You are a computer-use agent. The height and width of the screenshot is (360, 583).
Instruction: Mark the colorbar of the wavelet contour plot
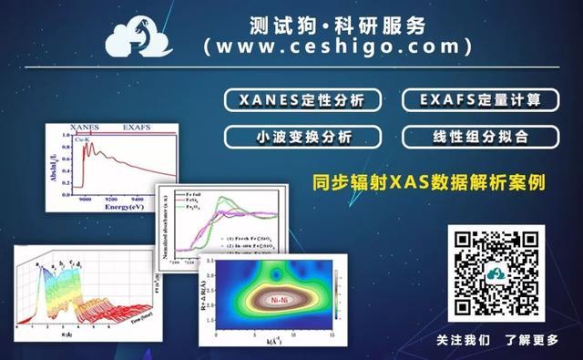click(338, 293)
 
